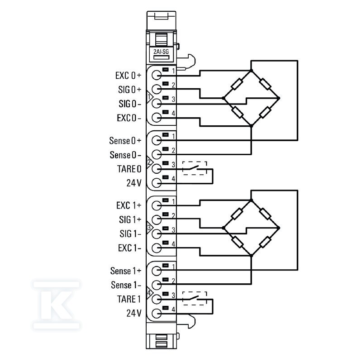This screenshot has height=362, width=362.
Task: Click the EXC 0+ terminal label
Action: point(129,76)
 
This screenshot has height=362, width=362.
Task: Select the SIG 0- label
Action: point(130,104)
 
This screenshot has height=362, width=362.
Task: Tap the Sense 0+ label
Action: point(125,141)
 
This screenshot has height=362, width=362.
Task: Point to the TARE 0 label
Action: point(129,169)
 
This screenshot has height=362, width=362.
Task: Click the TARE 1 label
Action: point(129,299)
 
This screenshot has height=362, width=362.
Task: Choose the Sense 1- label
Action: point(126,285)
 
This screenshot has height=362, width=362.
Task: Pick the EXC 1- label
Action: point(129,248)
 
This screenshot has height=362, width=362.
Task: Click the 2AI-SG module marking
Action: point(161,52)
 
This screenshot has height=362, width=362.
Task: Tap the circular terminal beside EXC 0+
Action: point(157,75)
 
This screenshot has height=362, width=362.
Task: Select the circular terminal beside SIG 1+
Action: point(157,219)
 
